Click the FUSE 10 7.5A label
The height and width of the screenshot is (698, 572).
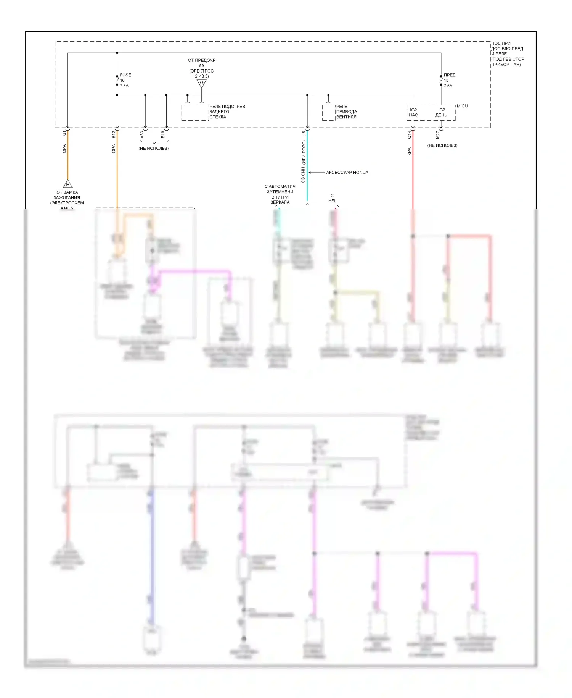click(x=125, y=81)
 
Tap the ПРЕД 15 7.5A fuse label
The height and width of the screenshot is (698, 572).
click(x=449, y=81)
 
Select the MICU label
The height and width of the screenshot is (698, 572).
click(x=462, y=106)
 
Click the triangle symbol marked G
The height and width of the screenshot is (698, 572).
click(x=201, y=83)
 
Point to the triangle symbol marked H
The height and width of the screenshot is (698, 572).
click(x=67, y=184)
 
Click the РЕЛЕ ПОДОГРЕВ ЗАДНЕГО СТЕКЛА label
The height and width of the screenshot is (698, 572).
click(x=227, y=112)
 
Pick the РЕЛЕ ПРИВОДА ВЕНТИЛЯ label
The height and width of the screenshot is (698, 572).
click(x=346, y=112)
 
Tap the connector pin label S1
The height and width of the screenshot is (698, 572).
click(x=64, y=133)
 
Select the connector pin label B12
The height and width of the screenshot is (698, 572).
click(x=113, y=134)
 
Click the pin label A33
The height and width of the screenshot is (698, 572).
click(x=142, y=135)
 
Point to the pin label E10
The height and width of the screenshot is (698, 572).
click(x=163, y=135)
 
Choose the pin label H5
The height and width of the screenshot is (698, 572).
click(x=304, y=134)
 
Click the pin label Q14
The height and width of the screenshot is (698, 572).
click(x=409, y=135)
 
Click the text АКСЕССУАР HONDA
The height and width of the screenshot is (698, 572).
click(x=347, y=173)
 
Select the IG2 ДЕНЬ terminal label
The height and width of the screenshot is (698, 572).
click(x=441, y=113)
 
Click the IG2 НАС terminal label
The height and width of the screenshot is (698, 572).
click(x=413, y=113)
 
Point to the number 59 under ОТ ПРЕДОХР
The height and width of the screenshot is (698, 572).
click(x=201, y=66)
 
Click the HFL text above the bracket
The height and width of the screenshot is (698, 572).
click(x=332, y=201)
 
